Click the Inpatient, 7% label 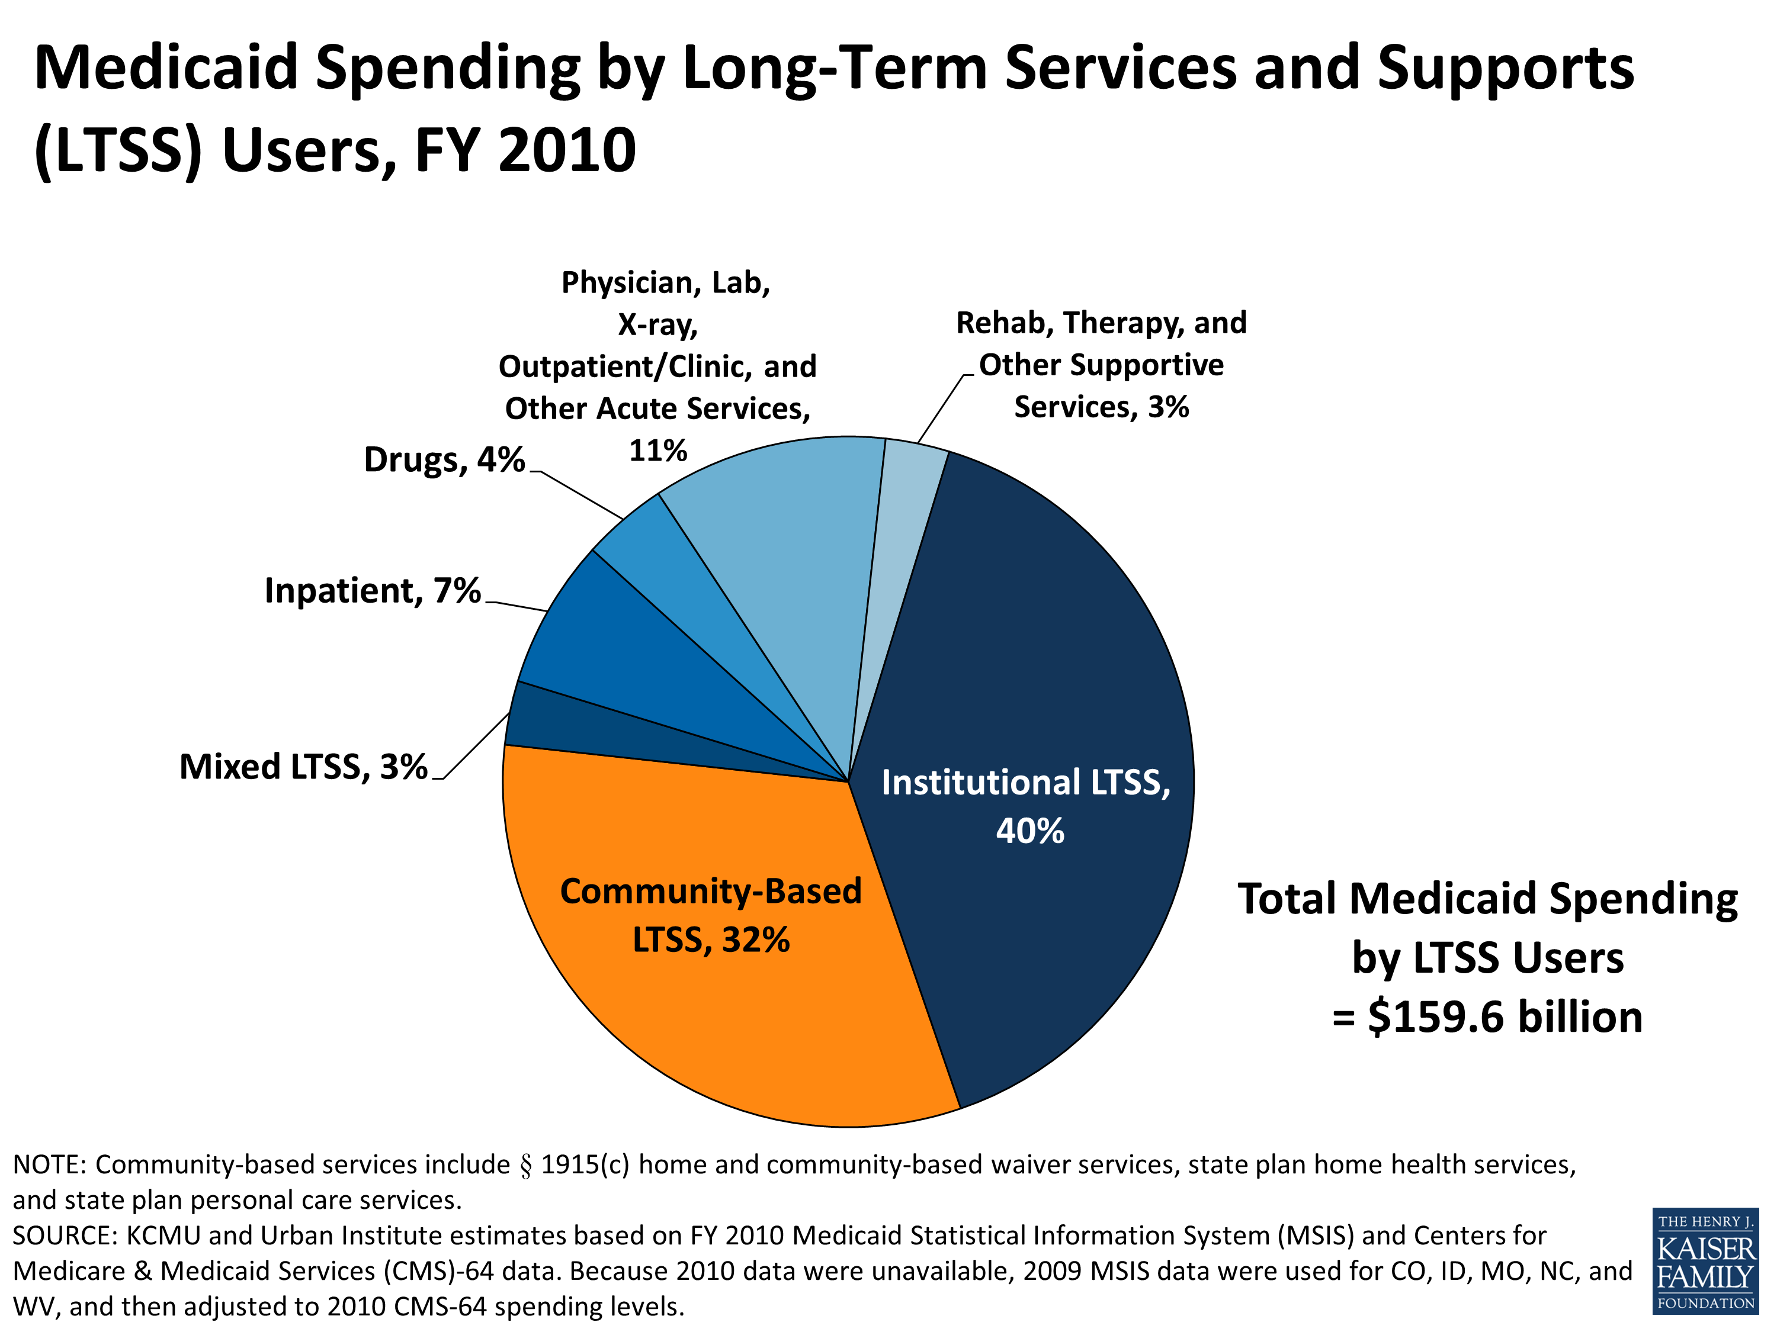click(x=372, y=591)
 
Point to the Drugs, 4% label click(x=444, y=460)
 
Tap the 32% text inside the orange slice click(x=755, y=940)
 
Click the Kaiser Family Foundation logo click(x=1705, y=1260)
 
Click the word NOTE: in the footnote click(x=49, y=1164)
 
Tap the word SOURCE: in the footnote click(x=64, y=1235)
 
